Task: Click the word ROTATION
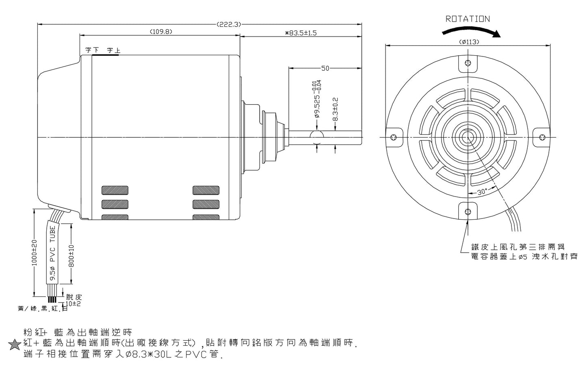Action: [x=468, y=19]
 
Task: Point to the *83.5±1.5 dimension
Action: [x=301, y=33]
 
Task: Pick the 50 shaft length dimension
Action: [x=325, y=68]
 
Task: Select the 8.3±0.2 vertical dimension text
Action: [x=336, y=110]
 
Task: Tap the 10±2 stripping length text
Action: [x=73, y=303]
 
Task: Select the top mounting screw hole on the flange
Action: [x=468, y=63]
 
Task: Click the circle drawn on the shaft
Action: [x=316, y=137]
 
